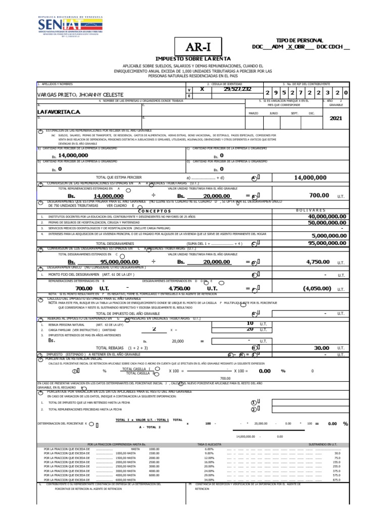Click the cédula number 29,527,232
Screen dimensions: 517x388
tap(237, 89)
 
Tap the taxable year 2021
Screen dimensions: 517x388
tap(335, 118)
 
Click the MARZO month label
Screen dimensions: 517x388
tap(254, 114)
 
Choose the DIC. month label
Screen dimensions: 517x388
tap(312, 114)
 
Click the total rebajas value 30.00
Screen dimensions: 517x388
tap(321, 348)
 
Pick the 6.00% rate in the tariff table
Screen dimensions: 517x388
tap(209, 449)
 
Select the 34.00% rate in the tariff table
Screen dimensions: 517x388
tap(209, 479)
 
